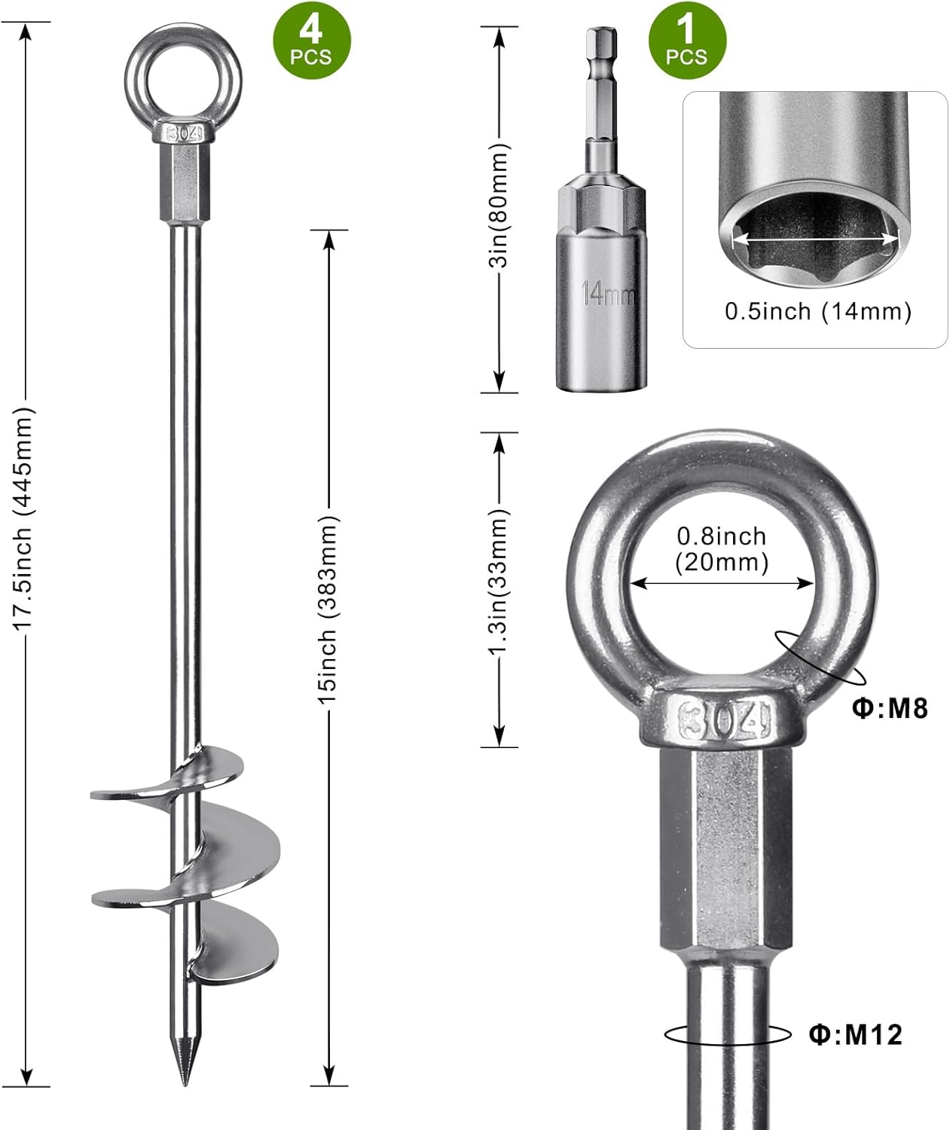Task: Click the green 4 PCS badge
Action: [x=311, y=41]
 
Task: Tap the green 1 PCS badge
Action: [x=688, y=41]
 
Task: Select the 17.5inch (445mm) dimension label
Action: [x=24, y=518]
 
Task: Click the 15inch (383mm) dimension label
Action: [x=328, y=609]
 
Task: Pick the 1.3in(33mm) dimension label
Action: [x=499, y=582]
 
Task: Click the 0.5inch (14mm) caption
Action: [x=818, y=312]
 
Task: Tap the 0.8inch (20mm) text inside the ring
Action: [x=722, y=549]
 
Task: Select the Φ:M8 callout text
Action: [x=890, y=708]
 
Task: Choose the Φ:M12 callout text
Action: [x=856, y=1034]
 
